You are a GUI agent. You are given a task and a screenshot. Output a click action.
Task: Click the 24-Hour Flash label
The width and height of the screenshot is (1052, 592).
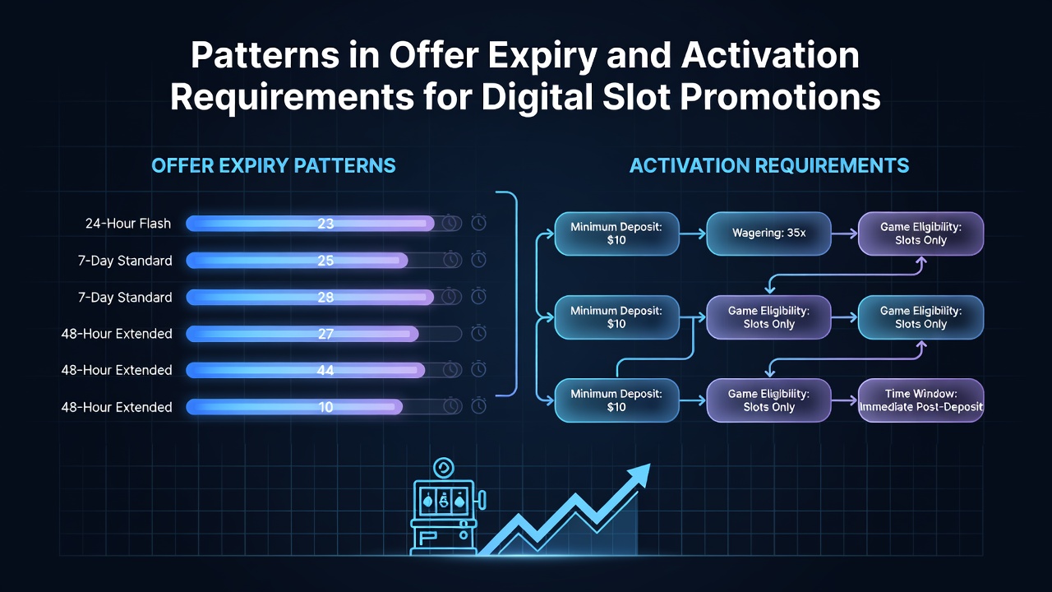click(x=127, y=223)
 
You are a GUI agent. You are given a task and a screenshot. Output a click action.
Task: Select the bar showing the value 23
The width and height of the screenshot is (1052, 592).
click(x=310, y=223)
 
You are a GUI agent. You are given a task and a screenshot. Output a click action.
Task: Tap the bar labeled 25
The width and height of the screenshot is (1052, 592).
click(x=297, y=261)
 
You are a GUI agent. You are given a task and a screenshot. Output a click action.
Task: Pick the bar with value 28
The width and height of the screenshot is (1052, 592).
click(x=310, y=297)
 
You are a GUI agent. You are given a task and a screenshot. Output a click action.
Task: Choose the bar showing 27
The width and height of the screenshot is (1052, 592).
click(x=302, y=334)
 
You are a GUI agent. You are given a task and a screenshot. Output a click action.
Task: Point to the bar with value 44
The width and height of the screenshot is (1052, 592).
click(x=305, y=370)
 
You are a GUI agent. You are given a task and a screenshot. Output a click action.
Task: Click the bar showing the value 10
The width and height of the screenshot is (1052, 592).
click(x=294, y=407)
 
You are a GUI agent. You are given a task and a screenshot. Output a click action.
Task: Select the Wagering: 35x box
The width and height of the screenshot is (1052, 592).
click(x=768, y=234)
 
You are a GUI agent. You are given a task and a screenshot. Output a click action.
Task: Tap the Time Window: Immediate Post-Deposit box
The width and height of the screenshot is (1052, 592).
click(x=921, y=400)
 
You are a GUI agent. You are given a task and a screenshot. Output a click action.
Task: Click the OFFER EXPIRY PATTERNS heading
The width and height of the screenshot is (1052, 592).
click(x=274, y=166)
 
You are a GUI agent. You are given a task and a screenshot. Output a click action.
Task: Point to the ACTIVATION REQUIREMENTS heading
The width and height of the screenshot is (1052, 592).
click(x=768, y=166)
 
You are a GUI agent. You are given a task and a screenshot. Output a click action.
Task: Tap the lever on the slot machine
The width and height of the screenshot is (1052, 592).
click(x=482, y=501)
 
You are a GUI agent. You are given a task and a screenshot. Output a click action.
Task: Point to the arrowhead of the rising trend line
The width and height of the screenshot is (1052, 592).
click(x=639, y=475)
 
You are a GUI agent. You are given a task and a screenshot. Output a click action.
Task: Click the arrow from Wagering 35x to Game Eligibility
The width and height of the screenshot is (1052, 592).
click(x=844, y=234)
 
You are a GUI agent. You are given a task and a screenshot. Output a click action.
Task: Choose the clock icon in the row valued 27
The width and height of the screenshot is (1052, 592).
click(x=478, y=334)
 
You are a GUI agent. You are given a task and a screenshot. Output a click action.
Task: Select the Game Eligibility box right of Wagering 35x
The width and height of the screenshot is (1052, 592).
click(x=921, y=234)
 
